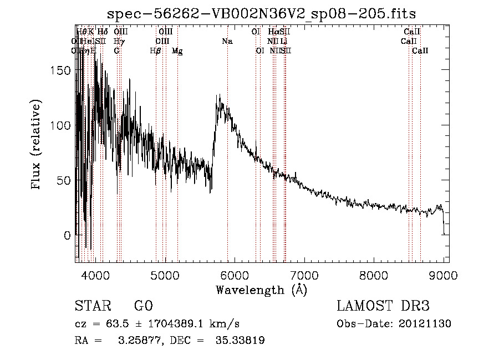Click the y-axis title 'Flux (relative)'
click(37, 145)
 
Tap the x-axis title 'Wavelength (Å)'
click(261, 290)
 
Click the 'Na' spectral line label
click(227, 41)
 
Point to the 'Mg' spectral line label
click(177, 50)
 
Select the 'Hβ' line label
click(155, 50)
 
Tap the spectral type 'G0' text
click(143, 306)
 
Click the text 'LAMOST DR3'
click(383, 306)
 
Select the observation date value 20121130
click(426, 323)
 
